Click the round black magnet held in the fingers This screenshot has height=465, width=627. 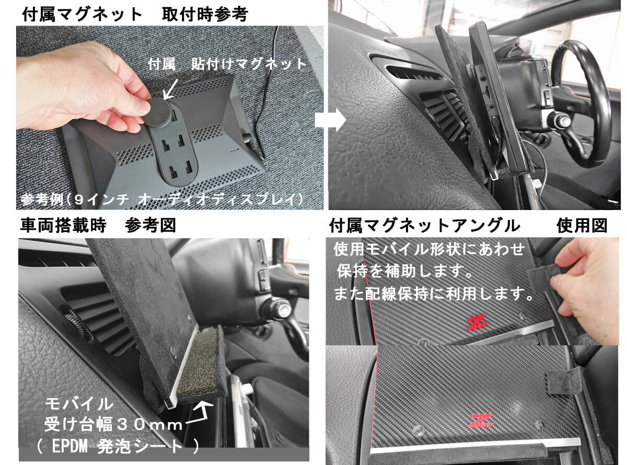158,112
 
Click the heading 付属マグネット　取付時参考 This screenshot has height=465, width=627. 135,14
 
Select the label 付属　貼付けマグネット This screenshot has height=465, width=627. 227,64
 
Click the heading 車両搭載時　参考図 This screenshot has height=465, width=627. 98,225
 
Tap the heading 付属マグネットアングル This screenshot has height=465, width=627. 424,226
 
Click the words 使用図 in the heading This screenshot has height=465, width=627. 582,226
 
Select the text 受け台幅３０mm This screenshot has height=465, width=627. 113,424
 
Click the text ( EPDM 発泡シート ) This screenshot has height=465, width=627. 118,447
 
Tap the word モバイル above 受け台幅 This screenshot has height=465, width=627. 79,403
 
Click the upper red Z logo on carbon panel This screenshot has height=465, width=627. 477,322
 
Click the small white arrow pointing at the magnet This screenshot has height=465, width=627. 171,89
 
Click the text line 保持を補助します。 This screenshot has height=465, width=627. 405,271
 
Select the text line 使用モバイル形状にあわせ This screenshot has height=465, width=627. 429,249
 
